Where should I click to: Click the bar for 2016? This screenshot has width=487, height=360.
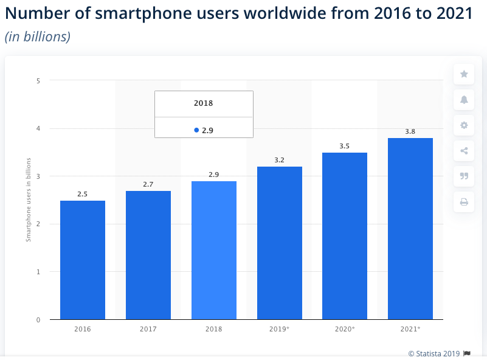(x=83, y=260)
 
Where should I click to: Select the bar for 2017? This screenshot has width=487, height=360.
(x=148, y=255)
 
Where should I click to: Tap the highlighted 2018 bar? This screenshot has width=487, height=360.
(x=214, y=250)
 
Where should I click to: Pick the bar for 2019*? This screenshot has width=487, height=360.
(x=280, y=243)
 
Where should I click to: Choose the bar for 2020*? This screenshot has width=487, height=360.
(x=345, y=236)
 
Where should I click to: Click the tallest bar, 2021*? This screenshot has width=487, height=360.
(x=410, y=229)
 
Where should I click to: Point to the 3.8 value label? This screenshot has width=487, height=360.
(x=410, y=131)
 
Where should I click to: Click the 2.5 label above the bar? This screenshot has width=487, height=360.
(x=83, y=194)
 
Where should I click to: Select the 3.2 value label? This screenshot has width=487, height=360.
(x=280, y=160)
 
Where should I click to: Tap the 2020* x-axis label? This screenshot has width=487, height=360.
(x=345, y=329)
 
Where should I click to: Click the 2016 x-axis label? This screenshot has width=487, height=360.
(x=83, y=329)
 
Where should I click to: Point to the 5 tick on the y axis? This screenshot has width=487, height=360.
(x=38, y=80)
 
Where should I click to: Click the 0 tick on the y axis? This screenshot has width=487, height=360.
(x=38, y=320)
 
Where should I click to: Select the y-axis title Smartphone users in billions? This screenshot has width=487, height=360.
(x=28, y=200)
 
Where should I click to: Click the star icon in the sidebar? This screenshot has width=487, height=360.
(x=464, y=74)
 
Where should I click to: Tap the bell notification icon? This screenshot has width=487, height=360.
(x=464, y=100)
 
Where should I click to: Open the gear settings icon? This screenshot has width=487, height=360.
(x=464, y=125)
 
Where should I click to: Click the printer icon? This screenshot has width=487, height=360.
(x=464, y=202)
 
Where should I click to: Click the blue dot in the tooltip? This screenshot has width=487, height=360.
(x=196, y=130)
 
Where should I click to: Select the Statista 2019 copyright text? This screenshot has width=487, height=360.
(x=435, y=353)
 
